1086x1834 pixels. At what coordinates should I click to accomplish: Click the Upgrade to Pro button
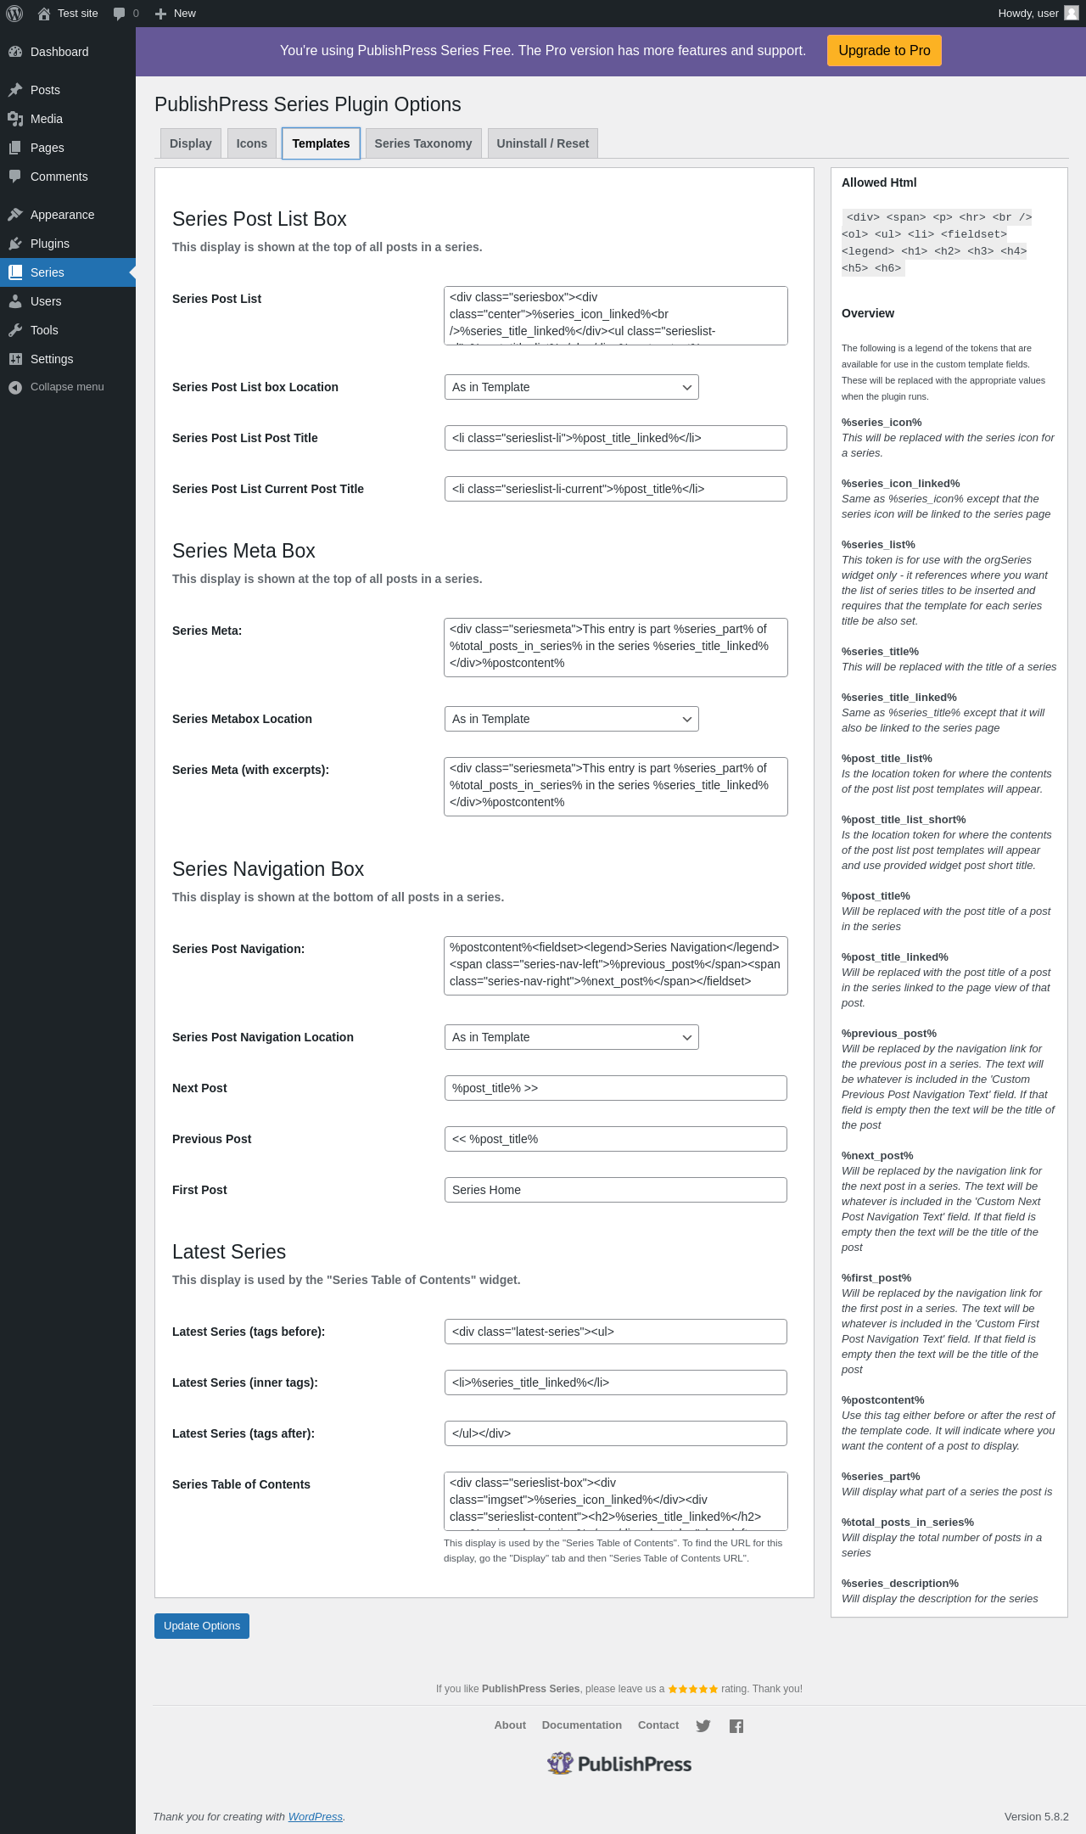pos(884,51)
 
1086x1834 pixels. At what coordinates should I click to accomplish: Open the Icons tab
pos(252,143)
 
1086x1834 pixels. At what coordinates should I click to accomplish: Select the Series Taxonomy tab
pos(423,143)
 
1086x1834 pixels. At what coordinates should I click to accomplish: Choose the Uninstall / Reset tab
pos(542,143)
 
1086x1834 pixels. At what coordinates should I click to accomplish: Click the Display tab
pos(191,143)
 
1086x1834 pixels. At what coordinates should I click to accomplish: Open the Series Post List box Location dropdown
pos(571,387)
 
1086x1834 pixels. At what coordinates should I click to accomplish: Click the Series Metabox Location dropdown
pos(571,719)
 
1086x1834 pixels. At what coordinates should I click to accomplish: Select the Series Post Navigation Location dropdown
pos(571,1037)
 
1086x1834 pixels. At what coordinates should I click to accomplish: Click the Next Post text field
pos(615,1088)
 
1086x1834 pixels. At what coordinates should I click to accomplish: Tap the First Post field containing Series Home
pos(615,1190)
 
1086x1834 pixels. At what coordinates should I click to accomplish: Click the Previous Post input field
pos(615,1139)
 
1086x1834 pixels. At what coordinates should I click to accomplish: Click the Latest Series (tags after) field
pos(615,1433)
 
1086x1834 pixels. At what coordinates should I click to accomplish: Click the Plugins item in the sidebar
pos(50,244)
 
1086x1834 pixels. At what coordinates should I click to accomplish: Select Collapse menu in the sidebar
pos(66,387)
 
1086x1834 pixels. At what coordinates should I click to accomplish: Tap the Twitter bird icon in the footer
pos(703,1725)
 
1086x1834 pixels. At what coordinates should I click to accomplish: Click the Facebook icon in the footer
pos(736,1725)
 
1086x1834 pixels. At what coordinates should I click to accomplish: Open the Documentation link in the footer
pos(582,1725)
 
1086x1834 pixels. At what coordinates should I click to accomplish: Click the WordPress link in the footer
pos(316,1816)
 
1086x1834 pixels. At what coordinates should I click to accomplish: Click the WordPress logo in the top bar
pos(14,14)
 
